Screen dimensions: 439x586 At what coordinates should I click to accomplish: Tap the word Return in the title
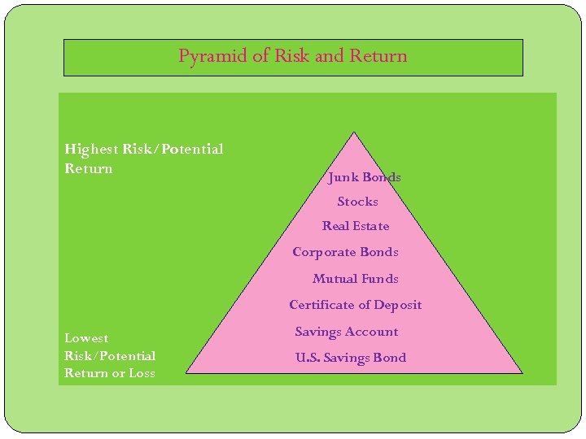point(378,56)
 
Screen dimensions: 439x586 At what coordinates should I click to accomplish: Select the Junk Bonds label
point(365,177)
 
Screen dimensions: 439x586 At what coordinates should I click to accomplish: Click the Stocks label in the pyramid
point(358,202)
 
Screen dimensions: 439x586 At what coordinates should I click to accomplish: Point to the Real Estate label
point(356,226)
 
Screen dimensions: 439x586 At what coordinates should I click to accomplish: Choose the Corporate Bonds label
point(345,252)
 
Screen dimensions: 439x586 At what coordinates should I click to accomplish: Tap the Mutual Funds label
point(356,279)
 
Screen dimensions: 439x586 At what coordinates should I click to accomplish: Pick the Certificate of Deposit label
point(356,305)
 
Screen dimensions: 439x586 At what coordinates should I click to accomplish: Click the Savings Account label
point(347,332)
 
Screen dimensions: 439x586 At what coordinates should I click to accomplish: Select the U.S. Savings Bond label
point(351,358)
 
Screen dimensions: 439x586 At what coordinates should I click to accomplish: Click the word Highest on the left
point(91,150)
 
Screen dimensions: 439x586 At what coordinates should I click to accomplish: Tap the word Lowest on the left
point(86,338)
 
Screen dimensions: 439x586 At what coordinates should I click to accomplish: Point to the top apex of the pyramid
point(353,133)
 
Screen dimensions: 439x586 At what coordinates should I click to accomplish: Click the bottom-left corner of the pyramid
point(187,372)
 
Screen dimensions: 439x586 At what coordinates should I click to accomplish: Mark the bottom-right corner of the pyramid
point(521,372)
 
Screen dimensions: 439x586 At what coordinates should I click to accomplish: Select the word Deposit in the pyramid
point(398,305)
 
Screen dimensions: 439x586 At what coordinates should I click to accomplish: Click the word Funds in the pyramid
point(380,279)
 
